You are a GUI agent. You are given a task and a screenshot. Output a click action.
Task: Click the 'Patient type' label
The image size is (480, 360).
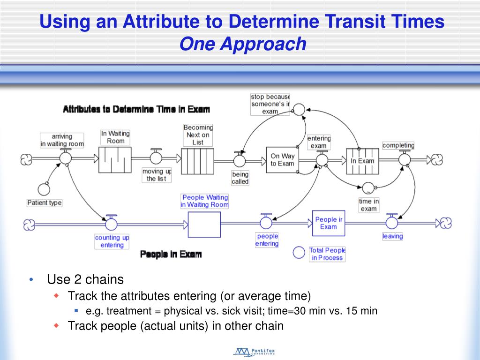[45, 203]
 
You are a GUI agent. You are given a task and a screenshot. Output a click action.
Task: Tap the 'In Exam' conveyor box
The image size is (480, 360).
[362, 161]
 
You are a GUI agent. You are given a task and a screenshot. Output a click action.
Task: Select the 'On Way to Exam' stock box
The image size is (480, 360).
[282, 160]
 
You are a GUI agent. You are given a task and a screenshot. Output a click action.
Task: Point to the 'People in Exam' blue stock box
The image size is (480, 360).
[328, 223]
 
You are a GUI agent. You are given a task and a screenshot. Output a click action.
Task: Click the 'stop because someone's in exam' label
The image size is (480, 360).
[270, 104]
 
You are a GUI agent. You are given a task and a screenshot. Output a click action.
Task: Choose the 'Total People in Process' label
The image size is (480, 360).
[327, 254]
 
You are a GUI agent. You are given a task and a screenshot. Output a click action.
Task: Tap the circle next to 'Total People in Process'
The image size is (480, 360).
[299, 253]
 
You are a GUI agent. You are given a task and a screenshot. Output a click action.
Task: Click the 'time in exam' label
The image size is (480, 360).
[369, 205]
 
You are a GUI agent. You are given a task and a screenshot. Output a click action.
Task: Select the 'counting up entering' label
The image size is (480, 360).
[112, 241]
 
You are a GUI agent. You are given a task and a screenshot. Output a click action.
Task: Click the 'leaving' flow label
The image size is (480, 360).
[392, 236]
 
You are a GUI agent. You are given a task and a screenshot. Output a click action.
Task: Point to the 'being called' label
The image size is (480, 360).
[240, 178]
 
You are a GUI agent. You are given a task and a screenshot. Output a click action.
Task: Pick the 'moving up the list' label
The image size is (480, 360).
[157, 175]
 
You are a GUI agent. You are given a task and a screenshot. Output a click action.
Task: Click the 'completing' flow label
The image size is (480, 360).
[398, 145]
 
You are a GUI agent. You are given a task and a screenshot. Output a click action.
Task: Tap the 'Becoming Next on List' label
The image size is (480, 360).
[198, 135]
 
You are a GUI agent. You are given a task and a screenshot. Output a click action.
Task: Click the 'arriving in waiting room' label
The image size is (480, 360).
[62, 140]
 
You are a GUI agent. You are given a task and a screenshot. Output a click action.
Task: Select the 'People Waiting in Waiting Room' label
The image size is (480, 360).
[205, 201]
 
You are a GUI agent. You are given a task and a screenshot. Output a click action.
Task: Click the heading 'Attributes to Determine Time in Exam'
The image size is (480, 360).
[136, 109]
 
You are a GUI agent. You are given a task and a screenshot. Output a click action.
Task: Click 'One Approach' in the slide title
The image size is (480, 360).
[242, 44]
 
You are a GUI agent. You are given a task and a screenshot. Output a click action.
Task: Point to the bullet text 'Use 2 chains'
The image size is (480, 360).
[85, 280]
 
